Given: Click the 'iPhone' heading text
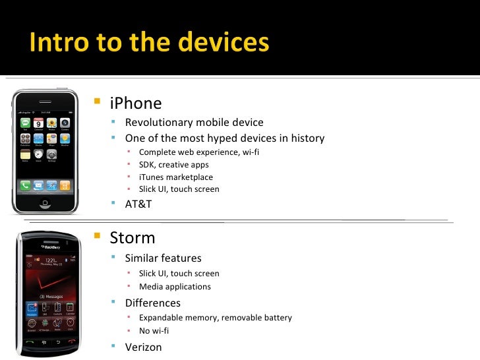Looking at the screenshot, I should tap(135, 104).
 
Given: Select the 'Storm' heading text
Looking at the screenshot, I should tap(133, 237).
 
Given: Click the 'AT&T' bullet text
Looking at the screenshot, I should tap(138, 204).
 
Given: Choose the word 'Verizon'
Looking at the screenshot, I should tap(143, 347).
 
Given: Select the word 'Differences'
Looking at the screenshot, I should tap(152, 303).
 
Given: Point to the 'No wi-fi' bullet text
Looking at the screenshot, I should tap(154, 330).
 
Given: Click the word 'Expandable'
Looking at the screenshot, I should tap(161, 317).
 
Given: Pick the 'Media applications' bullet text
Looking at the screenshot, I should tap(175, 287).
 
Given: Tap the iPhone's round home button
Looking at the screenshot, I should tap(46, 202).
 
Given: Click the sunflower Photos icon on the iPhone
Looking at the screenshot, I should tap(51, 123).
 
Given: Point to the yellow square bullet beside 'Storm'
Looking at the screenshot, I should tap(98, 236).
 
